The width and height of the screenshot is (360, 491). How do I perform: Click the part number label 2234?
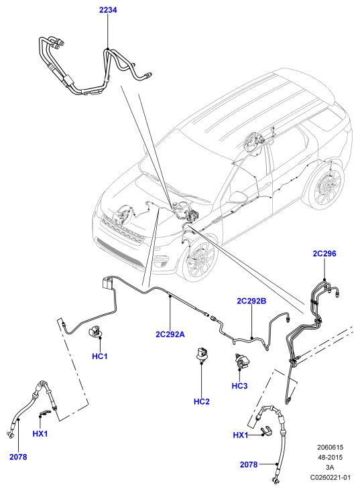pyautogui.click(x=108, y=10)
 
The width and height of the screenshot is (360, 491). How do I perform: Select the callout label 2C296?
pyautogui.click(x=324, y=253)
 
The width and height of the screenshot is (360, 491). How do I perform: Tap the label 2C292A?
pyautogui.click(x=170, y=334)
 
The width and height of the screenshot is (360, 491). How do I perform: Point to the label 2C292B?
pyautogui.click(x=251, y=301)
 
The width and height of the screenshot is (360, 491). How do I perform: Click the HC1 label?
pyautogui.click(x=100, y=356)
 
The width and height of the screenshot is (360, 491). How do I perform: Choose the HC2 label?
pyautogui.click(x=202, y=401)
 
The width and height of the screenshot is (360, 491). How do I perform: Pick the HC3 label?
pyautogui.click(x=239, y=386)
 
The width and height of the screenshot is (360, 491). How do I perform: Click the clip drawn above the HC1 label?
pyautogui.click(x=95, y=332)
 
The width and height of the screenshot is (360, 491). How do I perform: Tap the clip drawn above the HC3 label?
pyautogui.click(x=241, y=362)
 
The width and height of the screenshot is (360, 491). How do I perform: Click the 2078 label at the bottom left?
pyautogui.click(x=18, y=457)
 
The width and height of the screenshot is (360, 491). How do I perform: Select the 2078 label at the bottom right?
pyautogui.click(x=249, y=464)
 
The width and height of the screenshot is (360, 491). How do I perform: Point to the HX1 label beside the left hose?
pyautogui.click(x=40, y=433)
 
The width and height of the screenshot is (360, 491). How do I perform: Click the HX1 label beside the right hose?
pyautogui.click(x=241, y=435)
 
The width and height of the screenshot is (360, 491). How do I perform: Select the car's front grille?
pyautogui.click(x=123, y=228)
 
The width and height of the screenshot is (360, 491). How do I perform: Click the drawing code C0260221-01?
pyautogui.click(x=331, y=477)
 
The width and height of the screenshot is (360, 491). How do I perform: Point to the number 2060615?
pyautogui.click(x=331, y=447)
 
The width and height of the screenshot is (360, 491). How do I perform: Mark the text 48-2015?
pyautogui.click(x=331, y=458)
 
